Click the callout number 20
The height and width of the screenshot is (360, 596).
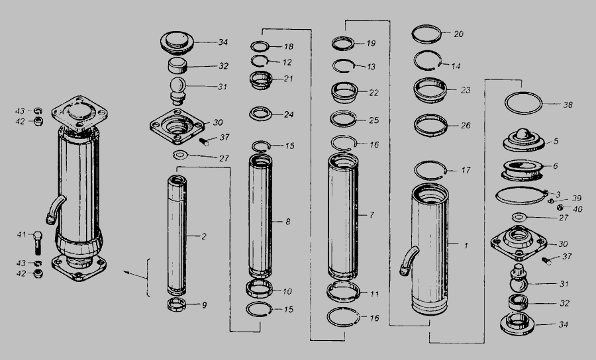click(x=459, y=34)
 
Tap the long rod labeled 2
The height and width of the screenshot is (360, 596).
click(x=177, y=236)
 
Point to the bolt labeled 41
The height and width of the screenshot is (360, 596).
click(x=37, y=243)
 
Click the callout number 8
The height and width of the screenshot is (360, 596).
click(x=288, y=222)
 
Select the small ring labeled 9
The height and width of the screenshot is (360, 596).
click(x=177, y=304)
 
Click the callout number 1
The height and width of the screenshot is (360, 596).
click(x=466, y=246)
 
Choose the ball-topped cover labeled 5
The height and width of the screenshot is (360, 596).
click(x=523, y=140)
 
